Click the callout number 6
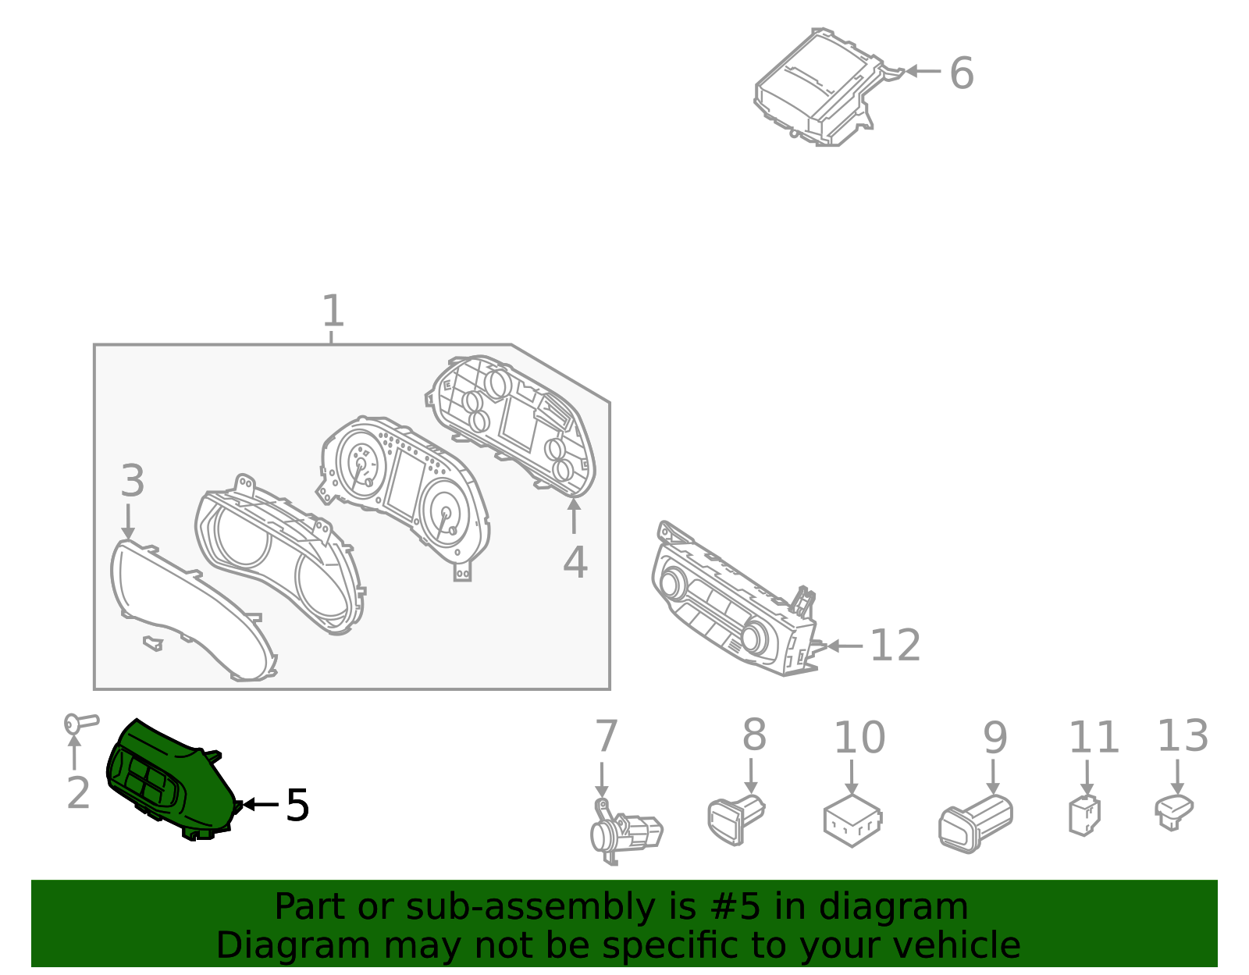tap(961, 73)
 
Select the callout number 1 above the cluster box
tap(333, 311)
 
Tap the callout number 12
tap(895, 646)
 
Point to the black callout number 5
tap(297, 806)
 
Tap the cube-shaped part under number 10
tap(852, 820)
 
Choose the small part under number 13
tap(1174, 813)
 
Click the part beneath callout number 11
tap(1084, 816)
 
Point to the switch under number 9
tap(976, 824)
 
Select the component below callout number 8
tap(736, 820)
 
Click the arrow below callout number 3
tap(128, 521)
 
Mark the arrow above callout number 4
tap(574, 517)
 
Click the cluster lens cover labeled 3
tap(193, 610)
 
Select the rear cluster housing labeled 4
tap(511, 426)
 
